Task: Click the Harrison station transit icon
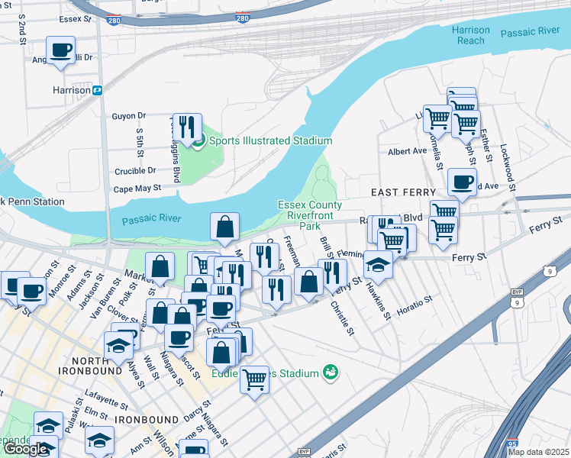98,90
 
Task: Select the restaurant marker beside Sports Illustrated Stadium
186,126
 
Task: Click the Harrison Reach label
470,35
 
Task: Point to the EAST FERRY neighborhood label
403,192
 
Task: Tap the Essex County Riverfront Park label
309,216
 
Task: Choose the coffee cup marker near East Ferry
462,182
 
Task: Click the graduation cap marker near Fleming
378,264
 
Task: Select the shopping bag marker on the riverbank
225,227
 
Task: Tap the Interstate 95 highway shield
510,443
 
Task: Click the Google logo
25,449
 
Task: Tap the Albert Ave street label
407,151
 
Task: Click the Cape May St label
137,188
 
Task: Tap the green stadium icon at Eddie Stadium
330,372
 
